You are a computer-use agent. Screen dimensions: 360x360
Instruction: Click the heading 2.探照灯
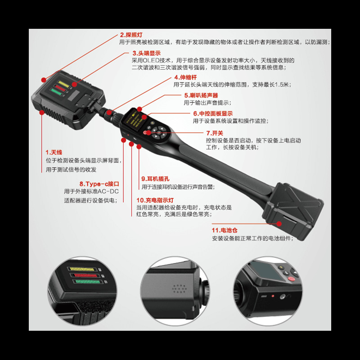[131, 35]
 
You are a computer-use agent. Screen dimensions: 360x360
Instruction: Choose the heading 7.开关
[215, 133]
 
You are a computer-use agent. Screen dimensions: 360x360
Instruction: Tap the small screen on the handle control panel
[135, 117]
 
